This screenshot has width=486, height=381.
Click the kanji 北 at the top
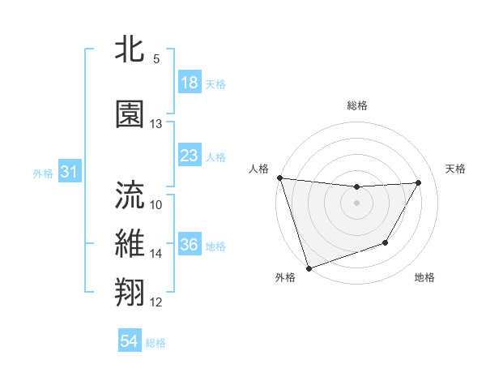click(130, 49)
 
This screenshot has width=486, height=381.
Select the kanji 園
click(130, 114)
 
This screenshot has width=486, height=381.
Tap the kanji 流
click(130, 195)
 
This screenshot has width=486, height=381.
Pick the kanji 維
click(130, 244)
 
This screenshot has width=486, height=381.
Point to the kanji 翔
click(130, 293)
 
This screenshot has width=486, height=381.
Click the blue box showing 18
click(189, 83)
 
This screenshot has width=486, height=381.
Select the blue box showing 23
click(189, 156)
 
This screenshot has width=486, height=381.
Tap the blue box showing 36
click(189, 245)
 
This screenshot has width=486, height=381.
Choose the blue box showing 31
click(70, 172)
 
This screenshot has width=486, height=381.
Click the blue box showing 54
click(129, 341)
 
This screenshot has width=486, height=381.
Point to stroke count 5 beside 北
click(156, 59)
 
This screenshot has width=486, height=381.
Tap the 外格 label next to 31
click(43, 173)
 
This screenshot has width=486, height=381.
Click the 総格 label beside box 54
click(156, 342)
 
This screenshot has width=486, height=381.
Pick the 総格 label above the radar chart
click(356, 105)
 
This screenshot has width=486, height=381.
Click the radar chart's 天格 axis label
click(455, 169)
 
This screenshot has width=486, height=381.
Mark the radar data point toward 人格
click(279, 178)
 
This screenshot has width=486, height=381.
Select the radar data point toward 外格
click(309, 268)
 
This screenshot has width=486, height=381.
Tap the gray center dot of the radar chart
click(356, 203)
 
